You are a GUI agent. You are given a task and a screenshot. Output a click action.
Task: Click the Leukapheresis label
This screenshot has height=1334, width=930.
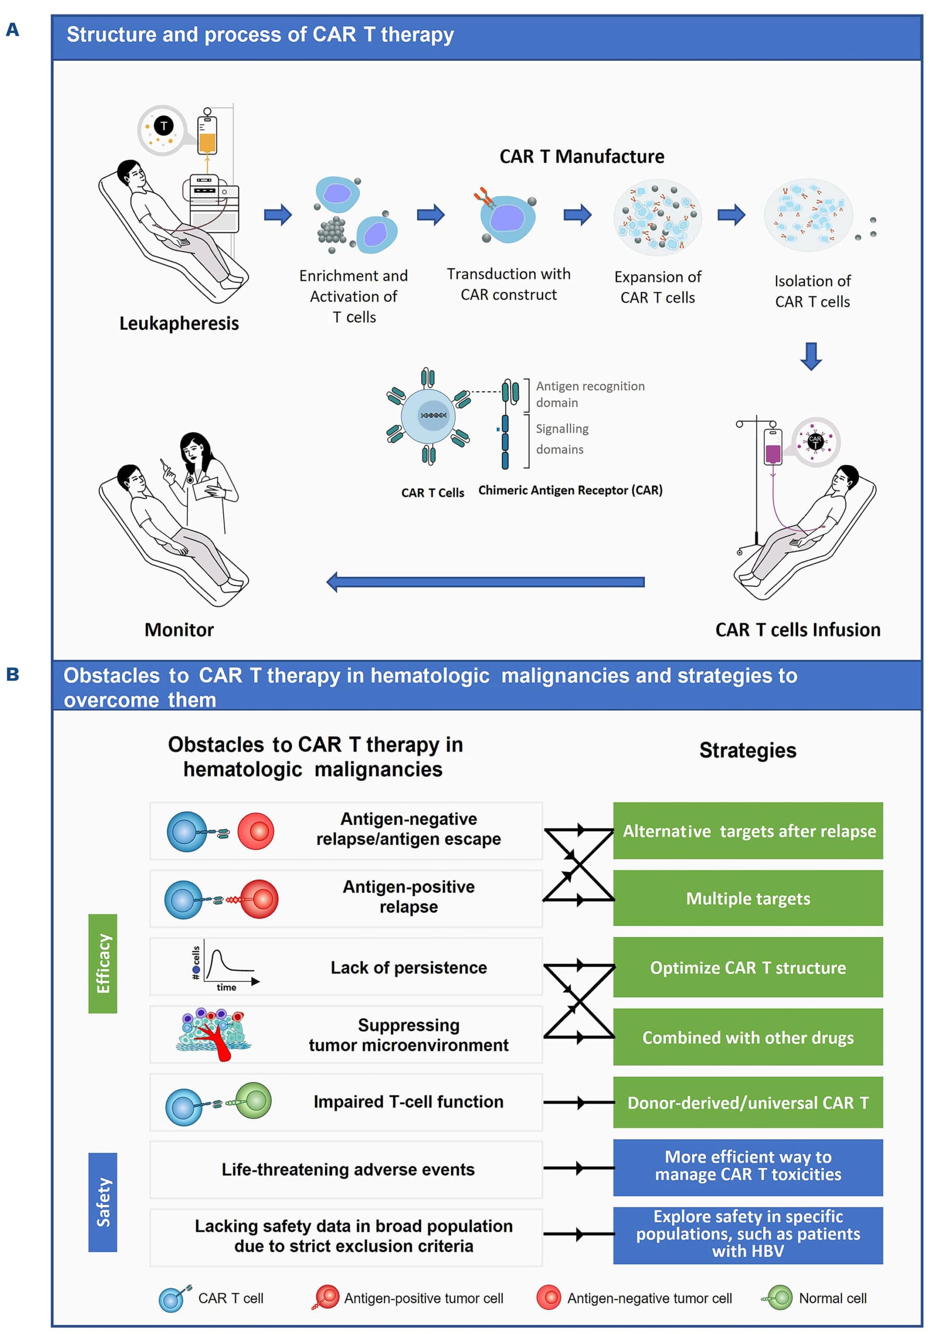coord(178,323)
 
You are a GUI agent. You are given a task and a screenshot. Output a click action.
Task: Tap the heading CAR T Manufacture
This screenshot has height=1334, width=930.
coord(581,156)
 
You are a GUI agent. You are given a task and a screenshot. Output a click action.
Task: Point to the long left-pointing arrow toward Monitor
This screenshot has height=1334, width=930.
coord(485,582)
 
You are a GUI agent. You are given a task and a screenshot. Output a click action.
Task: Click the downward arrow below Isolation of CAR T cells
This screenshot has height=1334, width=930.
coord(811,355)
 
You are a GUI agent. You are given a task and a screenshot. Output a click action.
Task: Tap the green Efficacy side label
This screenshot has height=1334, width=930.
coord(103,963)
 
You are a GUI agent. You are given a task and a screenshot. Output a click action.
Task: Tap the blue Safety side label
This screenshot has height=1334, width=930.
coord(103,1202)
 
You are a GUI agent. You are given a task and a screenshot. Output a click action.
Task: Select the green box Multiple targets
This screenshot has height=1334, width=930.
coord(748,898)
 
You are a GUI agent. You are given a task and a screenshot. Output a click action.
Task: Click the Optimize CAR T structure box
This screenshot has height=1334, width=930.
coord(748,967)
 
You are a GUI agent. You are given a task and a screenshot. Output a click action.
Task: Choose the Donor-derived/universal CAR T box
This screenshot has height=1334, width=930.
coord(748,1102)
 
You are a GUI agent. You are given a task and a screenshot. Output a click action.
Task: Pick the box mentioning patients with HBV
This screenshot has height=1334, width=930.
coord(748,1234)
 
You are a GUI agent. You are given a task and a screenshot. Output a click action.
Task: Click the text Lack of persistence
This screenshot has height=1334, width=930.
coord(409,967)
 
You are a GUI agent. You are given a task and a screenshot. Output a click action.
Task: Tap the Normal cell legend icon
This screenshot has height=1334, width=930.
coord(778,1298)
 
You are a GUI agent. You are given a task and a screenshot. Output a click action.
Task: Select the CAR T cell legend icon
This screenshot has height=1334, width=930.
coord(173,1298)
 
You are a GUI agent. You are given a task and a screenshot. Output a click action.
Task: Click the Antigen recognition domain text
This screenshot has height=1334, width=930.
coord(590,394)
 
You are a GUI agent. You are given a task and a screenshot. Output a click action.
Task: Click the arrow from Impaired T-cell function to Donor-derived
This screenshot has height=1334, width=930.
coord(578,1102)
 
